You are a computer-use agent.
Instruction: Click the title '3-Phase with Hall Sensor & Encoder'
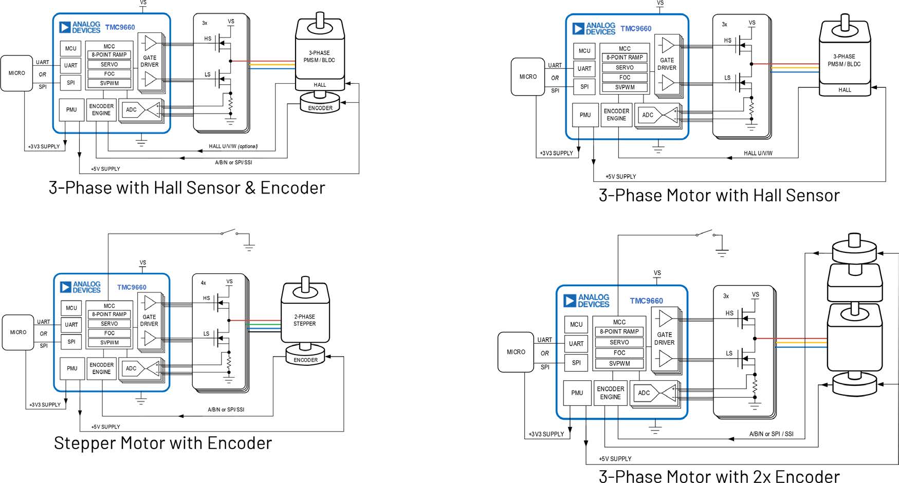click(187, 188)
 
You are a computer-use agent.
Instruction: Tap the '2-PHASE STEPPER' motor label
click(304, 320)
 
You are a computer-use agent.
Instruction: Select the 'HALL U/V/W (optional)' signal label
click(233, 146)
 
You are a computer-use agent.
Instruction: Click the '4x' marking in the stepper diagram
click(203, 283)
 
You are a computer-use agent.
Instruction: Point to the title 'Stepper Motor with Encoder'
click(162, 443)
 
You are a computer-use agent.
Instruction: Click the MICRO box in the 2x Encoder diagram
click(516, 352)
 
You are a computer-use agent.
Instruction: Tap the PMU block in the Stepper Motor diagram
click(72, 368)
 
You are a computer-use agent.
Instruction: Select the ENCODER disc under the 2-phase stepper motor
click(305, 357)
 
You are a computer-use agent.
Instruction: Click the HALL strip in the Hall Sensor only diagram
click(845, 90)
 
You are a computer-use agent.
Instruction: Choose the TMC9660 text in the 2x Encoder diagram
click(646, 301)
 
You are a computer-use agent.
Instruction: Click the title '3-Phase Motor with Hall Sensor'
click(719, 196)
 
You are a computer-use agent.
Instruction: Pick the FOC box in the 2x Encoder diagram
click(619, 353)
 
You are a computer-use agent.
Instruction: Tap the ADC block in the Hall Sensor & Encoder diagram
click(131, 109)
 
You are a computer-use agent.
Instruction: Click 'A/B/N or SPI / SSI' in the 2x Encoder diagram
click(771, 434)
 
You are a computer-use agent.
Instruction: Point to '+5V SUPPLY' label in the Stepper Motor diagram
click(105, 427)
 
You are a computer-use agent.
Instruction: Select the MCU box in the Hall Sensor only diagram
click(584, 51)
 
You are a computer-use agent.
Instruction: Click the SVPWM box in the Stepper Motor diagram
click(109, 343)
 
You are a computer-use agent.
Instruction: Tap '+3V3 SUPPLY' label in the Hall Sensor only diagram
click(556, 153)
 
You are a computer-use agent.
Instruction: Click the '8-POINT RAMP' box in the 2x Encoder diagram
click(619, 332)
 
